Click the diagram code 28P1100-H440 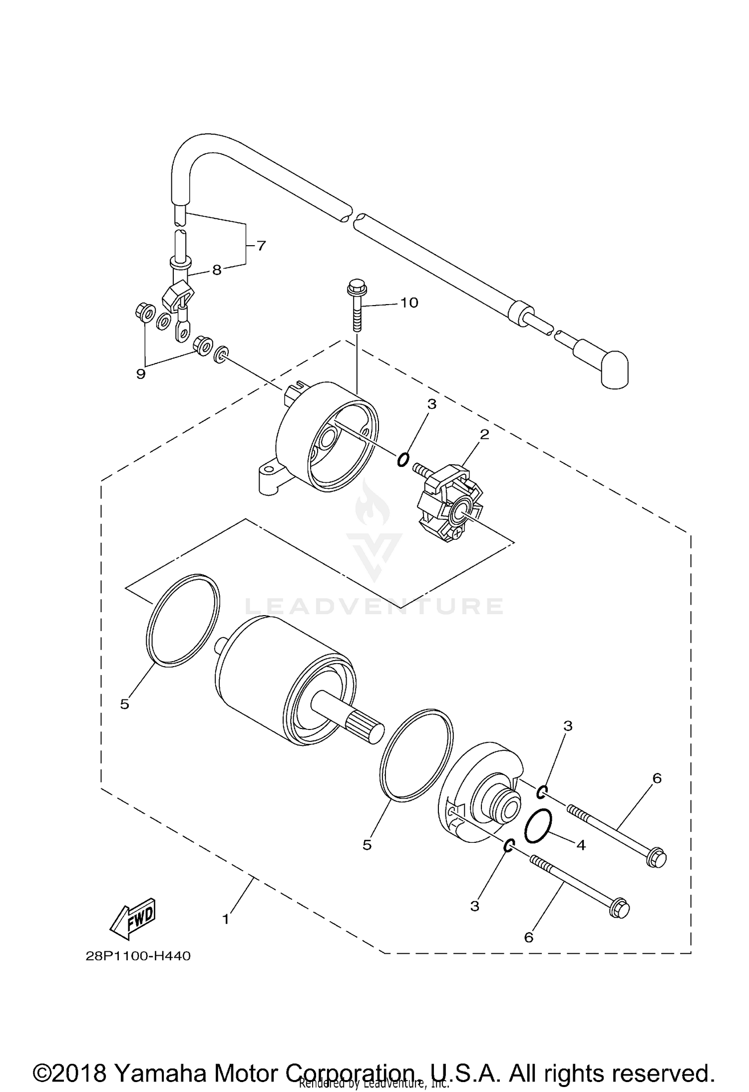[138, 956]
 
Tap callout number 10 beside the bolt [409, 303]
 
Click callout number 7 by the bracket [261, 246]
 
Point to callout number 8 [216, 270]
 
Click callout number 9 [141, 373]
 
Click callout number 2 [484, 434]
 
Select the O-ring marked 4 [538, 827]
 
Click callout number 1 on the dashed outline [226, 919]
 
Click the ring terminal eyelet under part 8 [184, 331]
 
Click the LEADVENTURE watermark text [374, 606]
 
